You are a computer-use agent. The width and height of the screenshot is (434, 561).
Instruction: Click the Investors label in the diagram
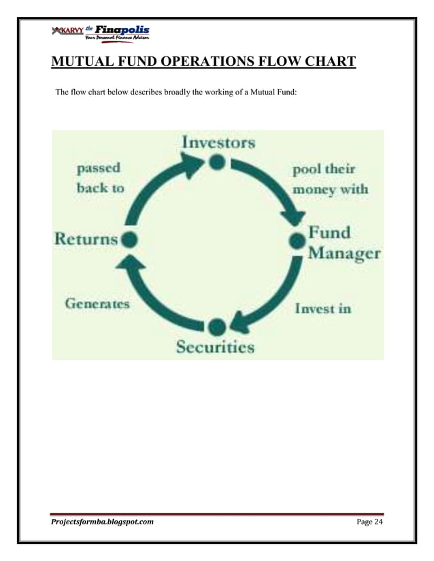(218, 142)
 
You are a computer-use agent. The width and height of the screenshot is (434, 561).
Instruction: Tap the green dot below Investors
(216, 162)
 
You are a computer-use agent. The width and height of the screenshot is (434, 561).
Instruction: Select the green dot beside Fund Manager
(297, 240)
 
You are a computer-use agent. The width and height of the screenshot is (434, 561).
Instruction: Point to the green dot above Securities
(216, 327)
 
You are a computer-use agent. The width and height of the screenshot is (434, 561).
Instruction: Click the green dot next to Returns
(129, 239)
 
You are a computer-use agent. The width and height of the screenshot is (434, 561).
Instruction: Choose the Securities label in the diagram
(216, 348)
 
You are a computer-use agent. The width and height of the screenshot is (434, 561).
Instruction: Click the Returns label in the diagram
(86, 239)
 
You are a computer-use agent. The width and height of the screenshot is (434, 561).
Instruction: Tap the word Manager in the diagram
(344, 254)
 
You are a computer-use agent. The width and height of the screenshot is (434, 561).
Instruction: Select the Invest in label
(323, 308)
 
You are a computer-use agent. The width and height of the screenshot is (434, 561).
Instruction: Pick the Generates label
(97, 304)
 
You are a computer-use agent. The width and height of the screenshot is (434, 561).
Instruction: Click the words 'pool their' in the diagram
(324, 168)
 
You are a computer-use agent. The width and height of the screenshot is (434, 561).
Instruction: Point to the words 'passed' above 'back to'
(98, 167)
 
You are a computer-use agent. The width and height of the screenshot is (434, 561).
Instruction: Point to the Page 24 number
(370, 522)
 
